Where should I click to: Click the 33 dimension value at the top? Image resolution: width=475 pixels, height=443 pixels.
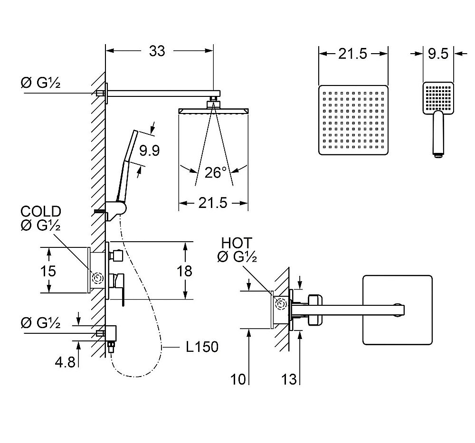(157, 51)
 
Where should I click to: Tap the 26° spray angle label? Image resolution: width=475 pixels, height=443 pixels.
(213, 172)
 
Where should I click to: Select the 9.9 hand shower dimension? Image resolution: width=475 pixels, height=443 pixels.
(149, 151)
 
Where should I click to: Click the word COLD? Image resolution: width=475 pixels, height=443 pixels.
(40, 212)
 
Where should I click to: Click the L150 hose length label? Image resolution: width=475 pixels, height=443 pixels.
(202, 347)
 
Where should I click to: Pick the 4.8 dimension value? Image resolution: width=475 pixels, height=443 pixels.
(65, 362)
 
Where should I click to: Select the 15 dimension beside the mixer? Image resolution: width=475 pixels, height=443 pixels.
(48, 271)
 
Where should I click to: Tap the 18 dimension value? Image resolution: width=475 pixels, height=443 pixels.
(184, 271)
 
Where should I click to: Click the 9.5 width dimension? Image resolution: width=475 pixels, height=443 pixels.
(438, 54)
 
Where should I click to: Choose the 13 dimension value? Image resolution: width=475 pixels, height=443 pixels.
(289, 379)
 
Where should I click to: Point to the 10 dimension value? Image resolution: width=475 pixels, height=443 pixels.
(239, 379)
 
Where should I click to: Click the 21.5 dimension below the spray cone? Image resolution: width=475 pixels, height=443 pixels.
(213, 203)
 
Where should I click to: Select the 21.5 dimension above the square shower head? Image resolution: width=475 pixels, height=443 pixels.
(353, 54)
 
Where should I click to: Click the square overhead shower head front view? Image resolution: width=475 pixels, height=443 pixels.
(353, 120)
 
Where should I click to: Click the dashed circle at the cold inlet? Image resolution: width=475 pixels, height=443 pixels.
(98, 278)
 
